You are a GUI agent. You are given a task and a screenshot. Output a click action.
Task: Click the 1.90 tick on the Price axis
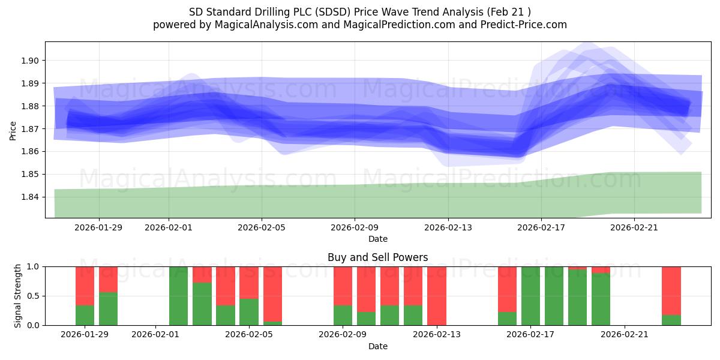pyautogui.click(x=30, y=61)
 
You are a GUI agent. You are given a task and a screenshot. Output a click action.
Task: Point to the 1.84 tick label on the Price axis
pyautogui.click(x=30, y=197)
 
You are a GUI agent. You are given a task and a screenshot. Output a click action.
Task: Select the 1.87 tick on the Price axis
pyautogui.click(x=30, y=129)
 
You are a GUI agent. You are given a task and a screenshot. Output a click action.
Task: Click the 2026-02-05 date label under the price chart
pyautogui.click(x=261, y=227)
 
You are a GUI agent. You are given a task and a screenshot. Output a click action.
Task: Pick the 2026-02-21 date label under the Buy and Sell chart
pyautogui.click(x=625, y=334)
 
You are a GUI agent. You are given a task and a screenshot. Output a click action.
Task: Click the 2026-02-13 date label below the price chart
pyautogui.click(x=448, y=227)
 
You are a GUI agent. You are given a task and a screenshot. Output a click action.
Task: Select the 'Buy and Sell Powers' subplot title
pyautogui.click(x=377, y=257)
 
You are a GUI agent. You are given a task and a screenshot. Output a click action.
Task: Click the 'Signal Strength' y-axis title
pyautogui.click(x=18, y=296)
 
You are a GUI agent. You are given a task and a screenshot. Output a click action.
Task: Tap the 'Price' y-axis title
pyautogui.click(x=13, y=130)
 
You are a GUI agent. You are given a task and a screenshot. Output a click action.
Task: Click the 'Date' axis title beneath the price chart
pyautogui.click(x=377, y=239)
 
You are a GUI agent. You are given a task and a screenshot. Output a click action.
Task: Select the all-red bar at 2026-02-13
pyautogui.click(x=436, y=296)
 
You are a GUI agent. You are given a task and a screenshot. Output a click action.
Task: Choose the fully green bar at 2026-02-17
pyautogui.click(x=530, y=296)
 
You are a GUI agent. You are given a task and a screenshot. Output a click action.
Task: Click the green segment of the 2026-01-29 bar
pyautogui.click(x=85, y=315)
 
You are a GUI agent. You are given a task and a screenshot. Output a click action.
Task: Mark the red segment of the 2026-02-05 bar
pyautogui.click(x=249, y=282)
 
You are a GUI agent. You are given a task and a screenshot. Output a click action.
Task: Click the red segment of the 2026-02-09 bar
pyautogui.click(x=343, y=286)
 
